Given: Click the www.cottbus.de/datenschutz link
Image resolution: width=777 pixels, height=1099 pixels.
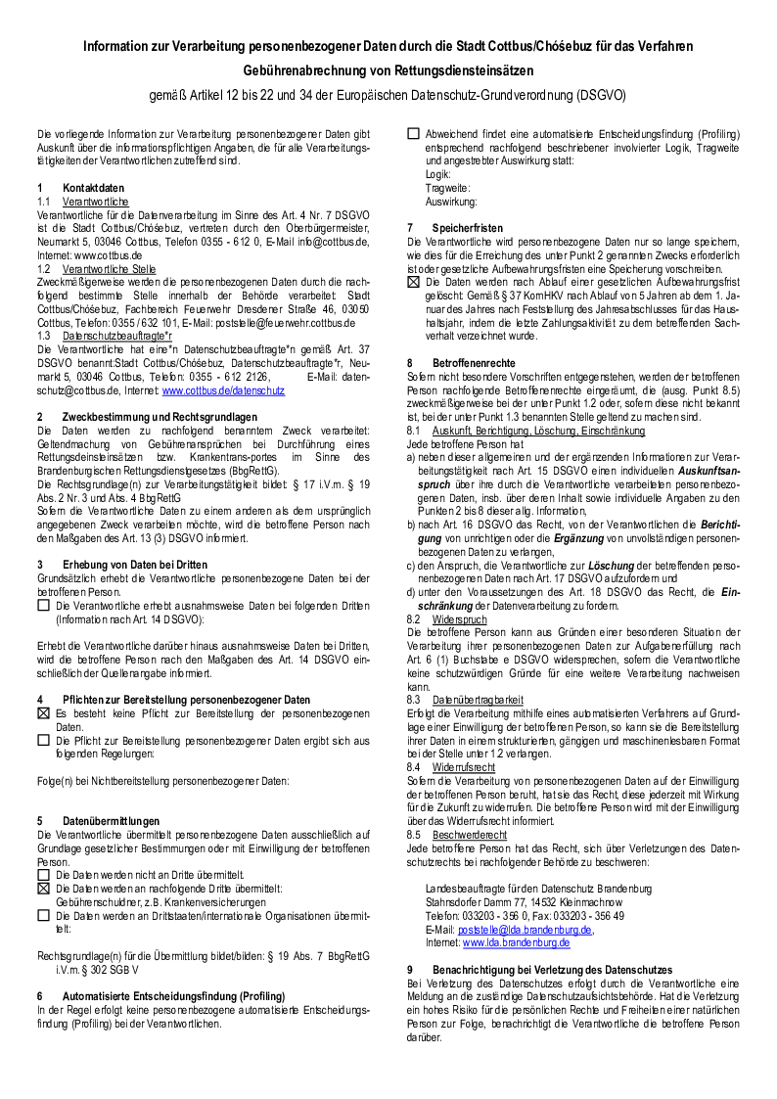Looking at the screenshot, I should coord(223,390).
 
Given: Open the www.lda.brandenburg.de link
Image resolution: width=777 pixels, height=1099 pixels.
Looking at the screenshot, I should coord(516,942).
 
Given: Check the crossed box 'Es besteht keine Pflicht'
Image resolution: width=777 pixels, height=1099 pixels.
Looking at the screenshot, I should coord(43,713).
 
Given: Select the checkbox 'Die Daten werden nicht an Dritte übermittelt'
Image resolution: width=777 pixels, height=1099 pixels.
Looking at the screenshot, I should coord(43,875).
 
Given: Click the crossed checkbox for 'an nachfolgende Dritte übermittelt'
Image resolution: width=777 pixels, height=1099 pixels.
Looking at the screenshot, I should coord(43,889).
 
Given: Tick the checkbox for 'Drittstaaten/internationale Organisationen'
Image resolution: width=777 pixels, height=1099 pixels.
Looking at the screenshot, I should coord(43,915).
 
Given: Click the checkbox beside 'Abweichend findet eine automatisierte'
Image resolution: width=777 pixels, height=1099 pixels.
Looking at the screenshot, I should coord(413,133).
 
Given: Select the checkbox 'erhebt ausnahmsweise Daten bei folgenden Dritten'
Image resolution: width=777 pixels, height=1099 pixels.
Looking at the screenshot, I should coord(43,606).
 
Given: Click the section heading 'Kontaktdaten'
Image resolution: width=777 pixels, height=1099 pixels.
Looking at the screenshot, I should coord(93,187).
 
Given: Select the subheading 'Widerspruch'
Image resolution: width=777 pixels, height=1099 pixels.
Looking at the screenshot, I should coord(459,619).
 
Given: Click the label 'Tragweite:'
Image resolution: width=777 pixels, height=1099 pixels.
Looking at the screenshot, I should coord(447,187).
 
